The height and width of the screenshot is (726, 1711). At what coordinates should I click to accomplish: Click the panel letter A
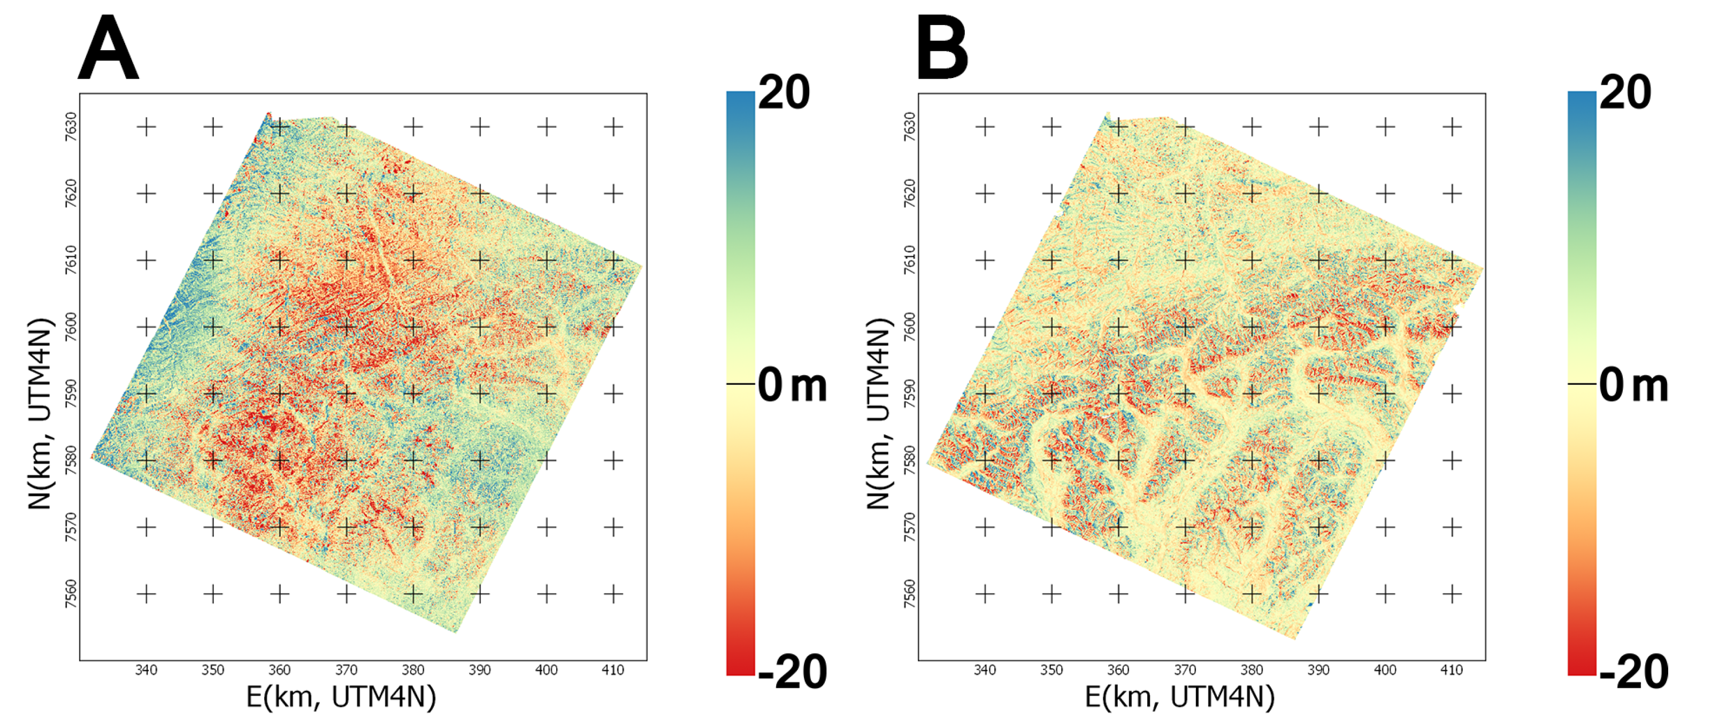(108, 48)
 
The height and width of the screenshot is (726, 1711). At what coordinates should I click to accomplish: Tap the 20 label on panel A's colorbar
(784, 92)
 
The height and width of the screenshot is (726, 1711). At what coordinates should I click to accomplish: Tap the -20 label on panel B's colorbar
(1632, 672)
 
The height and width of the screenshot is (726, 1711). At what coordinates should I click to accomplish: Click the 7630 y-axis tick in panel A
(71, 126)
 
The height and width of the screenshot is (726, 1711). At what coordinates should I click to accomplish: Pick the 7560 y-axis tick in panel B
(909, 593)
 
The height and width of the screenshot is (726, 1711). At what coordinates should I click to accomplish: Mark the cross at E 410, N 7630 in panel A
(613, 126)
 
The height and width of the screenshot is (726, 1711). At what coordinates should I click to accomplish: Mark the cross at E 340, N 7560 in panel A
(146, 593)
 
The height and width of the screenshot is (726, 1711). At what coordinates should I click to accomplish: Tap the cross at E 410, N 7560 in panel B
(1452, 593)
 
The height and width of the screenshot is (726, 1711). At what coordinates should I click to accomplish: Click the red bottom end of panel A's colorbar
(741, 667)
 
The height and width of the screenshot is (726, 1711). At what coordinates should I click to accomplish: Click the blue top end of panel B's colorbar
(1582, 99)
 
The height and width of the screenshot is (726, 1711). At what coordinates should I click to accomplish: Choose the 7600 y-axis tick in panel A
(71, 327)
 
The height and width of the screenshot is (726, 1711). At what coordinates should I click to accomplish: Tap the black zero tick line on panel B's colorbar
(1582, 383)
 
